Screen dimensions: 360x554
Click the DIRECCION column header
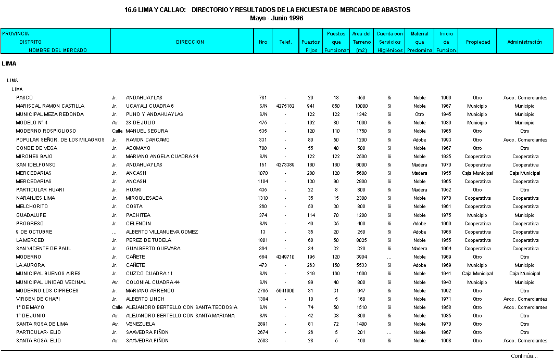point(190,42)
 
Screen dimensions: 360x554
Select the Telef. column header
point(285,42)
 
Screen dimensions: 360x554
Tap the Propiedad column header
point(477,42)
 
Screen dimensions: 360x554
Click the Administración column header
point(525,42)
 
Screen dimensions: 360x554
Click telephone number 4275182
point(285,106)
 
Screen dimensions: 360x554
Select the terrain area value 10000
point(361,106)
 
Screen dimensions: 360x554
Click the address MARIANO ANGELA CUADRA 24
point(162,157)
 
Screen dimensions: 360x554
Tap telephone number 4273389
point(285,165)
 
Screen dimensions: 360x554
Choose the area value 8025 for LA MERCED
point(361,240)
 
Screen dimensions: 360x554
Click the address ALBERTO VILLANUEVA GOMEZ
point(162,232)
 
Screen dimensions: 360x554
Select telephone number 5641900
point(285,291)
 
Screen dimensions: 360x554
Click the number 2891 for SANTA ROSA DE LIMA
point(263,324)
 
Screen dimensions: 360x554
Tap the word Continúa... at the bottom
point(524,356)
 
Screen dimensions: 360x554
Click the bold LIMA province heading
point(9,64)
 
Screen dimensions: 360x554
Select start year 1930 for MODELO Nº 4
point(446,123)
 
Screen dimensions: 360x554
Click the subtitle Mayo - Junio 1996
point(277,18)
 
